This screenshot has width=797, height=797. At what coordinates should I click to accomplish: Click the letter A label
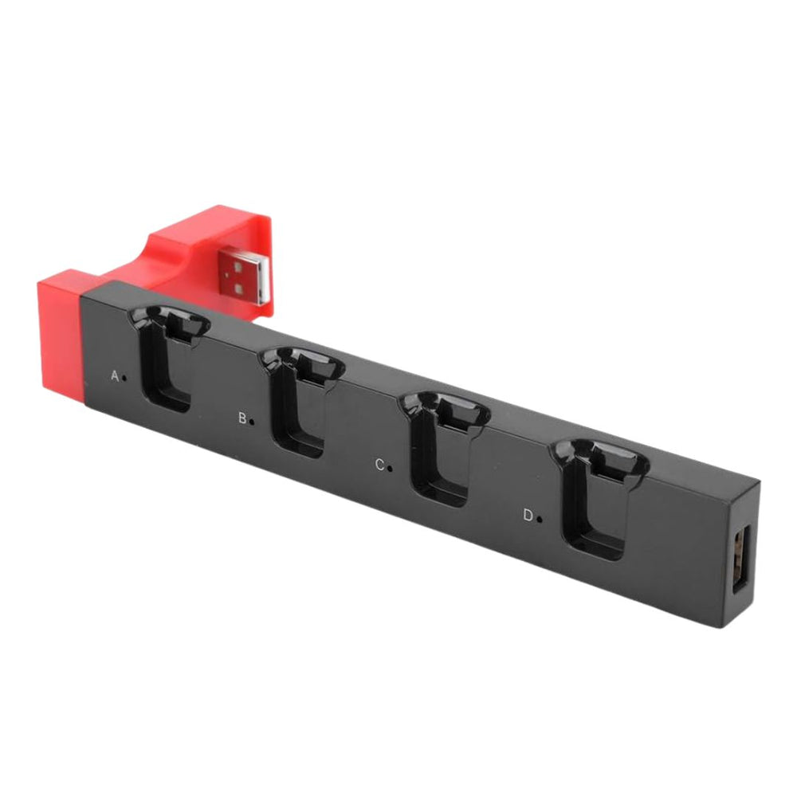(115, 376)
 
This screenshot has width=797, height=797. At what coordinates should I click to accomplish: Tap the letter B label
(243, 418)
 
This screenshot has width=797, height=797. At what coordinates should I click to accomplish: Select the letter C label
(379, 465)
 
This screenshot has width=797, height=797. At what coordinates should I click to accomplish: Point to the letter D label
(528, 516)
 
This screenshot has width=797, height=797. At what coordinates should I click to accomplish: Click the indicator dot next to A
(124, 378)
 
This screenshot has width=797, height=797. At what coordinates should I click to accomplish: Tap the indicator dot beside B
(253, 422)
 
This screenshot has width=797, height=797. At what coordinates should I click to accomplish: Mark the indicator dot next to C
(390, 468)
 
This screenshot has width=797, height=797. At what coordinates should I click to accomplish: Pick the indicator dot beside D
(539, 519)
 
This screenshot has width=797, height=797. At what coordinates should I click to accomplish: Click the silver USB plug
(244, 274)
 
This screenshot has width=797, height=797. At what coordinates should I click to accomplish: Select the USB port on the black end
(741, 559)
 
